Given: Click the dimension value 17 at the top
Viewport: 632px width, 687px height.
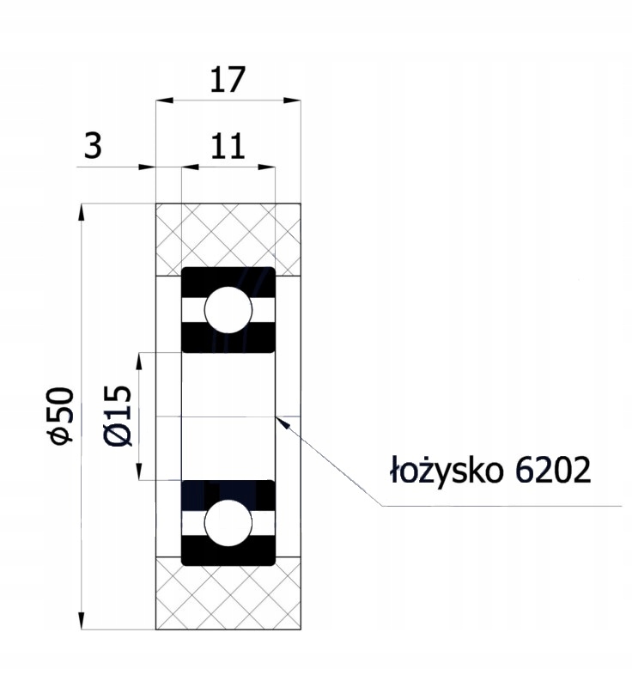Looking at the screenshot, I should click(x=228, y=79).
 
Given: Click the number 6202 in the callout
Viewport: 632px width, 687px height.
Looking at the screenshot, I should click(x=553, y=471).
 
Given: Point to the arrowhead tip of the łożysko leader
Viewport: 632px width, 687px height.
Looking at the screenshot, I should click(x=277, y=418).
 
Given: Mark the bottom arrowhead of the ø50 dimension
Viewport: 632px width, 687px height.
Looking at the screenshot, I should click(x=82, y=625).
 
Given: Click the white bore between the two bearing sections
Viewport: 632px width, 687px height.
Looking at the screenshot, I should click(x=228, y=416).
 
